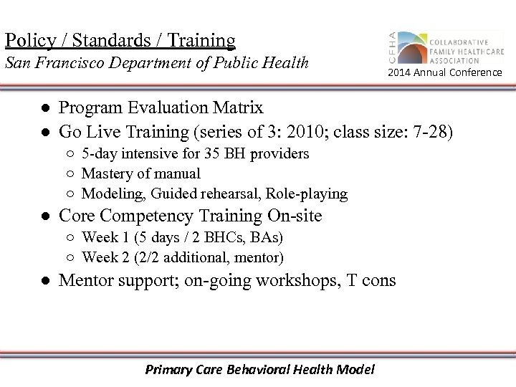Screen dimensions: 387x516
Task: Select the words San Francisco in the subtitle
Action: tap(51, 63)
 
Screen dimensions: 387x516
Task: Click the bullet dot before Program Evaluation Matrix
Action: tap(44, 109)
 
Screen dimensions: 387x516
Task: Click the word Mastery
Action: tap(105, 173)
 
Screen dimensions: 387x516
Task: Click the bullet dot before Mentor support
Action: tap(44, 280)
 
